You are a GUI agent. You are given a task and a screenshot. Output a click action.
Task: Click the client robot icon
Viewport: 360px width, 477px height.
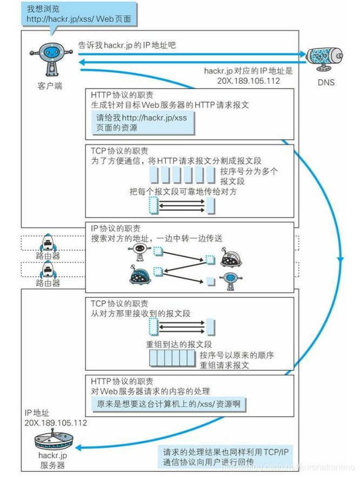coord(50,61)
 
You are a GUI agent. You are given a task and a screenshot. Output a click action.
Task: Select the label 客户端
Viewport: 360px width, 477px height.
coord(50,85)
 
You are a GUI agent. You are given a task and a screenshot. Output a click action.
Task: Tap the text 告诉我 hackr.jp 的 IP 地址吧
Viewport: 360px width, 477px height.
coord(127,45)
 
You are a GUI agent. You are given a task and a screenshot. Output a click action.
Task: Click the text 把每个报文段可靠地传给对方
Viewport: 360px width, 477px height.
coord(183,192)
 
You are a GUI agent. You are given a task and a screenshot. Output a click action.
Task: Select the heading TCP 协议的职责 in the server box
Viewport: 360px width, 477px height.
coord(119,303)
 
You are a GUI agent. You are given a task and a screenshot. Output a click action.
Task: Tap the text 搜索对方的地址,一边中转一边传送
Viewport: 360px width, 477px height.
coord(157,238)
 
